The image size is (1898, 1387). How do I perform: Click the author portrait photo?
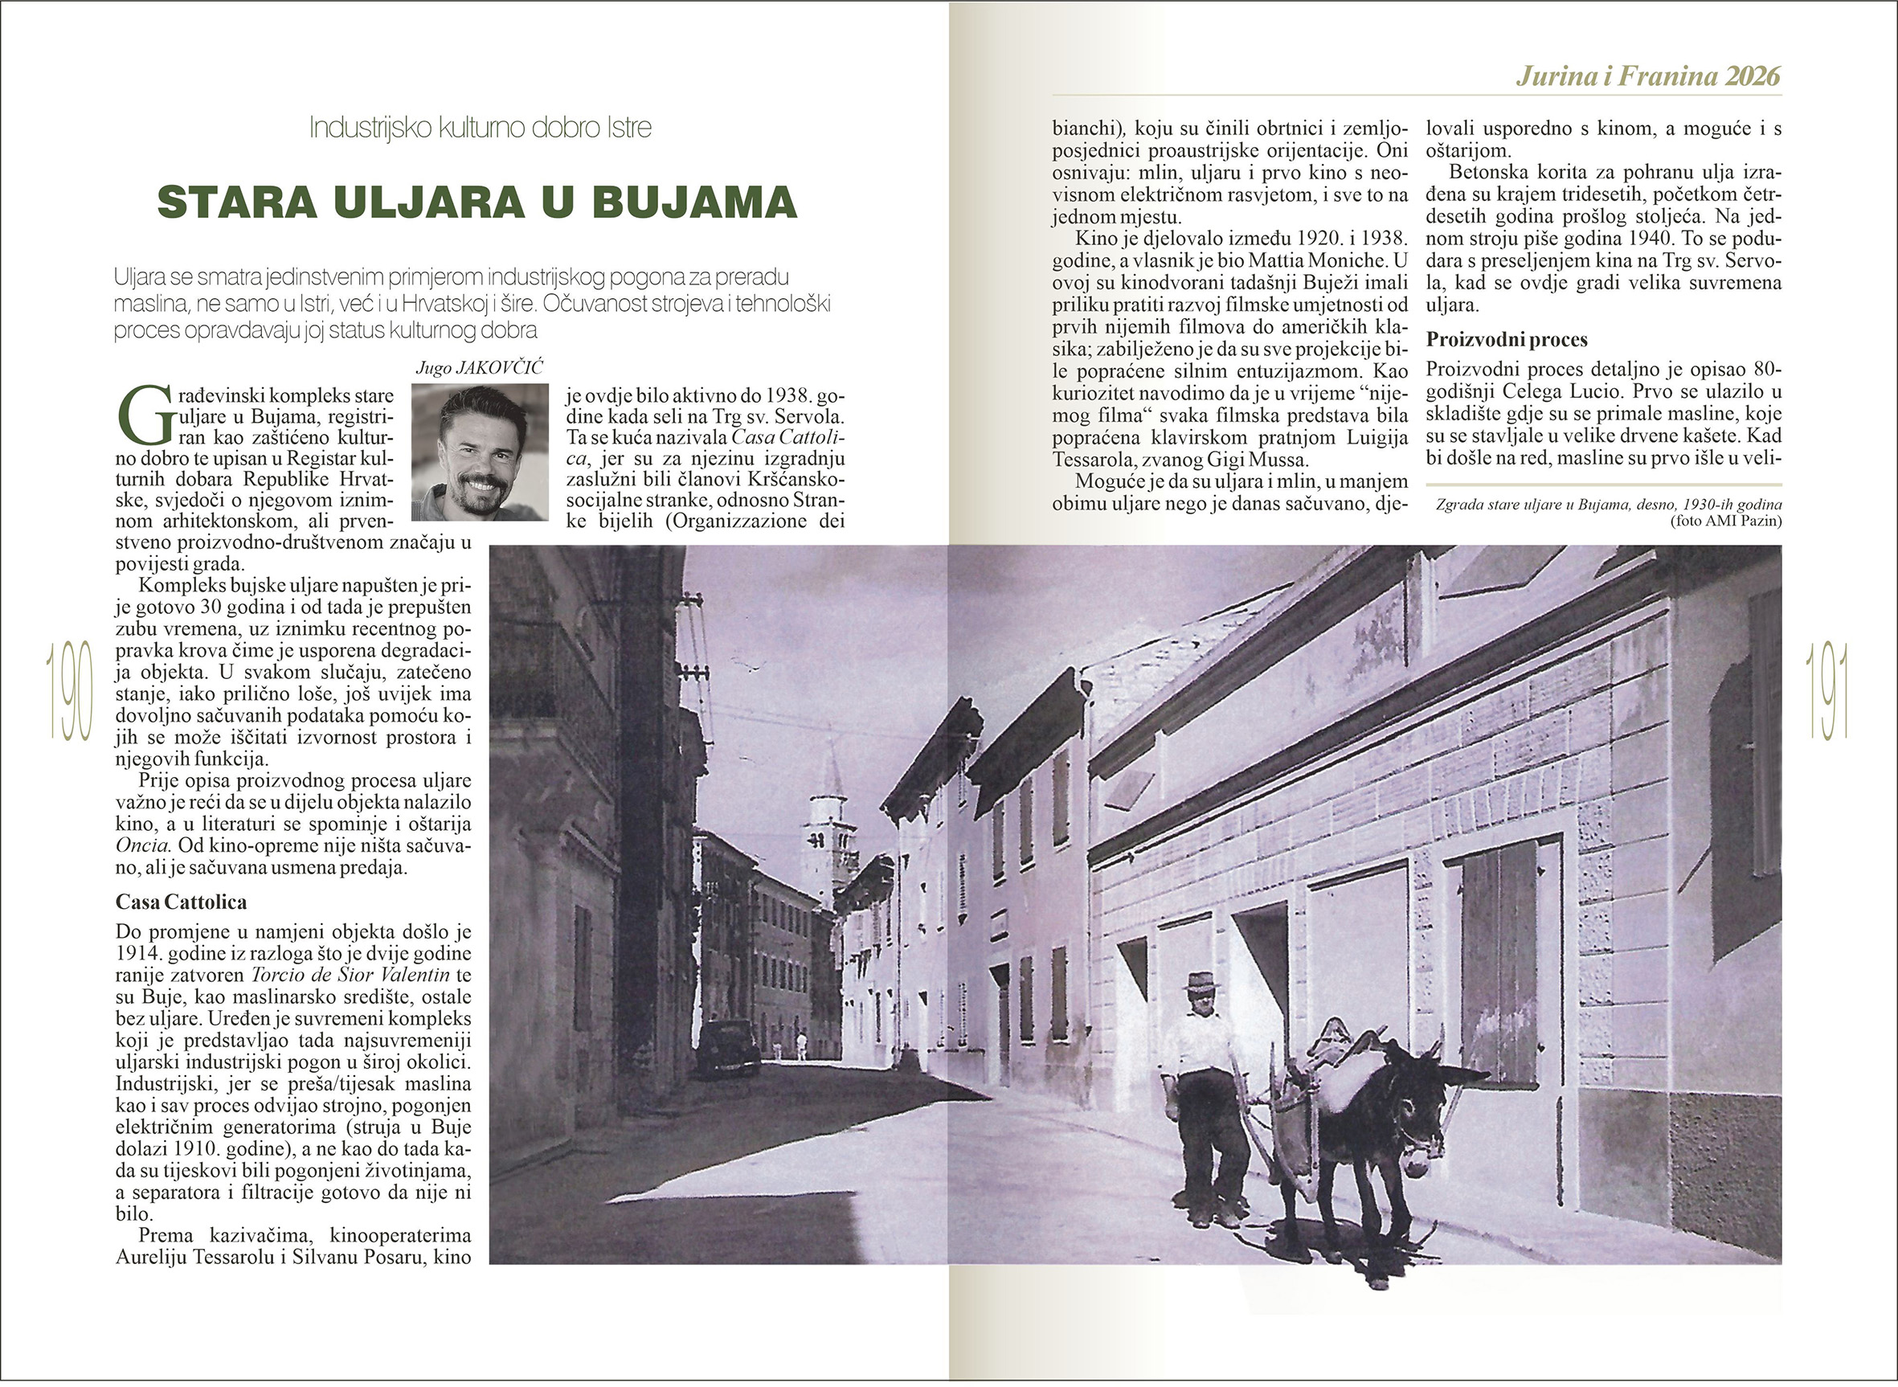(x=480, y=452)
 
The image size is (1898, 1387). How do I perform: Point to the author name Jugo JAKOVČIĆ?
(x=480, y=370)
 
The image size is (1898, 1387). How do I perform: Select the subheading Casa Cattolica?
(x=181, y=902)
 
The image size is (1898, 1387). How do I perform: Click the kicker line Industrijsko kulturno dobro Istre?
(x=481, y=129)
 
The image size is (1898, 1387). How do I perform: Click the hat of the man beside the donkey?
(x=1201, y=980)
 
